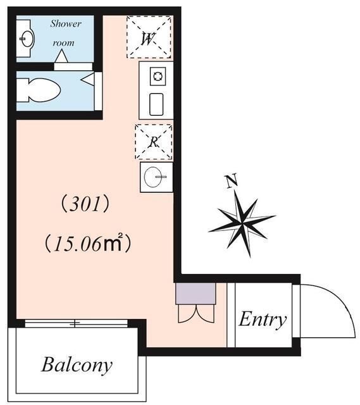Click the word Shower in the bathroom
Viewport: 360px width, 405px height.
click(66, 24)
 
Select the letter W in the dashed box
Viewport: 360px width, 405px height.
click(148, 38)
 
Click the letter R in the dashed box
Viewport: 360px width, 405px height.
click(153, 142)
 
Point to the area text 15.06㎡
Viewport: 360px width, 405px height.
click(88, 244)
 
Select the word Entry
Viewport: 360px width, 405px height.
click(262, 319)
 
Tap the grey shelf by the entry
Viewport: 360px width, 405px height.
click(196, 294)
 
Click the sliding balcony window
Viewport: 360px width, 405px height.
click(77, 323)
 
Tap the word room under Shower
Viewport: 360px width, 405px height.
click(63, 43)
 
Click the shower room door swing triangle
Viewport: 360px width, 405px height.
click(61, 58)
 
